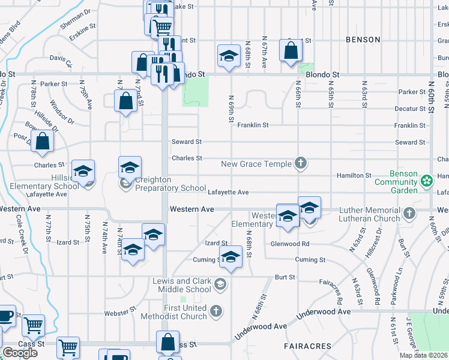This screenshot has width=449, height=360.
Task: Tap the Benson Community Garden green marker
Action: coord(427,181)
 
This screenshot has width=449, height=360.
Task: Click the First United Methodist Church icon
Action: coord(216,311)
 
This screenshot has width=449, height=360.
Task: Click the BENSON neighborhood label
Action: coord(363,40)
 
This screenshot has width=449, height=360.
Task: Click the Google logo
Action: coord(19,353)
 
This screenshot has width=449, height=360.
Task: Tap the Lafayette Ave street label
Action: coord(228,193)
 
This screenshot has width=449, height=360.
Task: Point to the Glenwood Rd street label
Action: coord(289,244)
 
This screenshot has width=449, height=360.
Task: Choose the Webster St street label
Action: coord(116,313)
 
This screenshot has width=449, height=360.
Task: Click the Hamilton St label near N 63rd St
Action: coord(354,175)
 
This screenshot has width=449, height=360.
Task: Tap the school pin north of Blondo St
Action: coord(228,56)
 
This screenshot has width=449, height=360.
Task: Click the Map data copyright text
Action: coord(424,355)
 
